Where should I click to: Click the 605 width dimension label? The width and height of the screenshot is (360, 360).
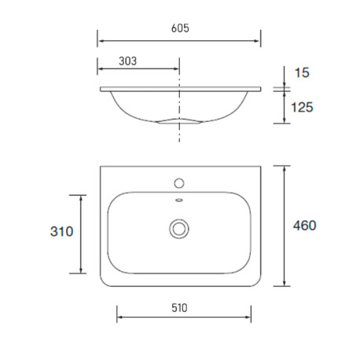coord(180,28)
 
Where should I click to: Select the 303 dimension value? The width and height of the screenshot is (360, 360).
coord(127,61)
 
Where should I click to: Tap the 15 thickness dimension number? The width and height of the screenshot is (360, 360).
coord(302,72)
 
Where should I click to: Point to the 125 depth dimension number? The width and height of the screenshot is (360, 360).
coord(302,107)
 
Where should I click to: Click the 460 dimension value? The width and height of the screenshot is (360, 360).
coord(304,226)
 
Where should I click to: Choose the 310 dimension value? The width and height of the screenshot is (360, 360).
coord(61,232)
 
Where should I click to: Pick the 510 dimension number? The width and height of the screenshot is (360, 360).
coord(179,308)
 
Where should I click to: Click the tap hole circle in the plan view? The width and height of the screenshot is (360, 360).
coord(179,183)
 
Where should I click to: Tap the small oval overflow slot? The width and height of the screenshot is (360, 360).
coord(179,200)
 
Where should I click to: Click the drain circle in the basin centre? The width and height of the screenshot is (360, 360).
coord(179,229)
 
